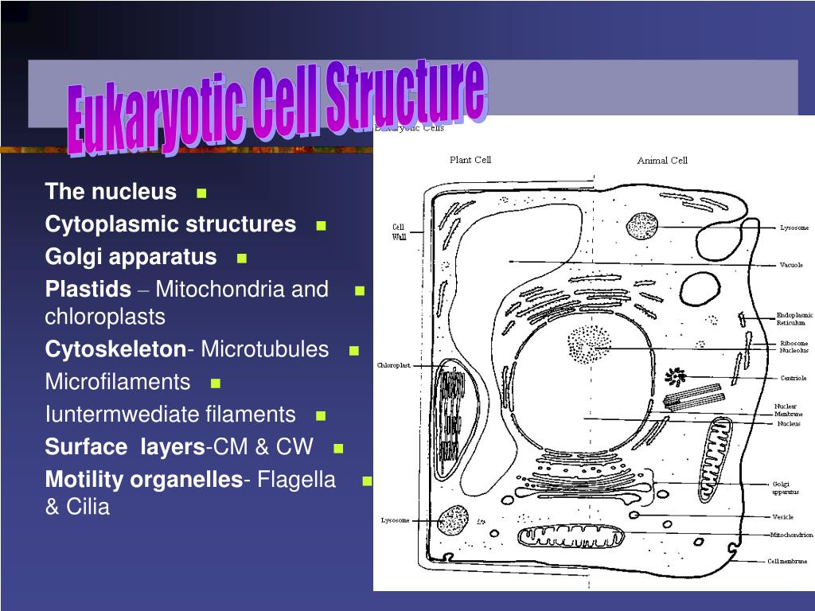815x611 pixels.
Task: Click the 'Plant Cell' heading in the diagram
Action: pos(470,159)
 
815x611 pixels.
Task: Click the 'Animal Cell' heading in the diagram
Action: pos(661,160)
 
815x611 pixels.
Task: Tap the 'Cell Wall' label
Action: pos(398,232)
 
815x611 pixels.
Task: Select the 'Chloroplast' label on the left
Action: pos(394,365)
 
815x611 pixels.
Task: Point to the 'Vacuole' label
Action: pos(791,265)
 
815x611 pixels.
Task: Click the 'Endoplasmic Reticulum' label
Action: pos(794,320)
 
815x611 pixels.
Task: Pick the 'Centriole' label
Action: pos(793,378)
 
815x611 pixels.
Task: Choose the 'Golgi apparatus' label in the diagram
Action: pos(785,488)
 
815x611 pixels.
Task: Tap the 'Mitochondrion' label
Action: pos(791,535)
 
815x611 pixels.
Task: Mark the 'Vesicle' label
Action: pos(782,517)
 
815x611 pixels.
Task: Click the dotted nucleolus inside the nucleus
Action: pos(588,345)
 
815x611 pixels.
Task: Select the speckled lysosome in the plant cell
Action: pos(453,520)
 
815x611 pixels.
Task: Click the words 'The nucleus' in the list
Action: pos(111,192)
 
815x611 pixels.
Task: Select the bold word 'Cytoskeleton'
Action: pos(115,349)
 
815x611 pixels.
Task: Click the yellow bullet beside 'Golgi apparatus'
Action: pos(242,259)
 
